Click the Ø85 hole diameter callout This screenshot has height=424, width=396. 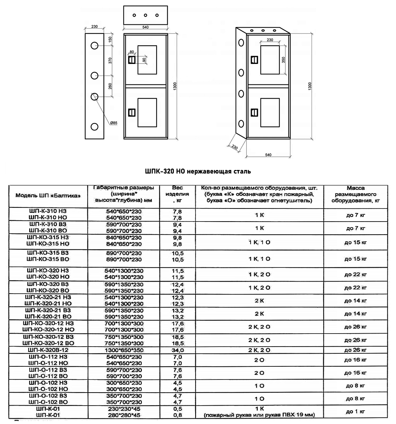(x=113, y=123)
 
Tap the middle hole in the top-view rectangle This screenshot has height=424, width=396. (x=145, y=16)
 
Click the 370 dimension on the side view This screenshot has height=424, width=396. (x=110, y=60)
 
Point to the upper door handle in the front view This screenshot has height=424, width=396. (x=132, y=60)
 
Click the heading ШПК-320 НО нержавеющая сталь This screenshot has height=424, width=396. (x=198, y=171)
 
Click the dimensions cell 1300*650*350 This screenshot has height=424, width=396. (x=124, y=350)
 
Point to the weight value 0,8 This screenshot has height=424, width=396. (x=178, y=415)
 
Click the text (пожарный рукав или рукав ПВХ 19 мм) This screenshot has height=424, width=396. (x=260, y=415)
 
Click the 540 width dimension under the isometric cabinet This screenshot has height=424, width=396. (x=268, y=155)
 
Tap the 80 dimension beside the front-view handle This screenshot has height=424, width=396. (x=132, y=52)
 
